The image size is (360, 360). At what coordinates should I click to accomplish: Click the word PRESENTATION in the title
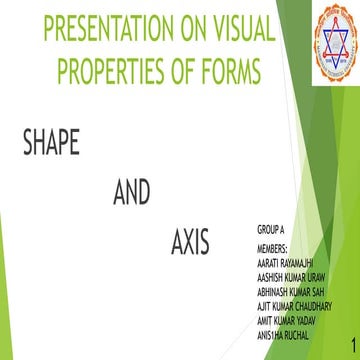98,29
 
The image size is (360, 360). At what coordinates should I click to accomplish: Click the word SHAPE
50,143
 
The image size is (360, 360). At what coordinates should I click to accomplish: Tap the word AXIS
189,242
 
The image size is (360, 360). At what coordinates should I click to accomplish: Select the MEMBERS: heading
273,246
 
